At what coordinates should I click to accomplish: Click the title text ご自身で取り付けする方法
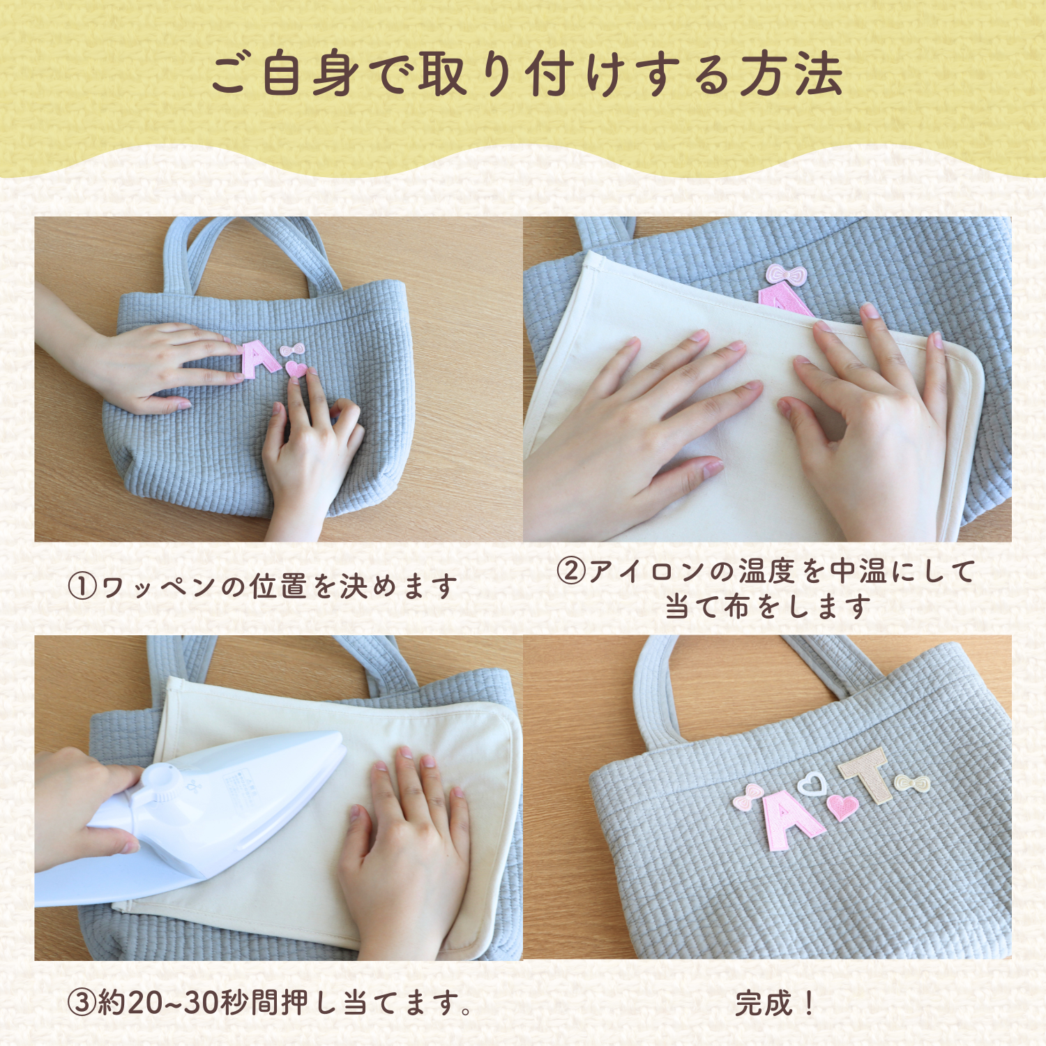526,75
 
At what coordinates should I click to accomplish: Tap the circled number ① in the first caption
82,586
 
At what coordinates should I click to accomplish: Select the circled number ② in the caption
570,571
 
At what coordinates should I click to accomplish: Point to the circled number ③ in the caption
82,1003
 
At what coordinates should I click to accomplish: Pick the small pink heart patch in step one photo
296,369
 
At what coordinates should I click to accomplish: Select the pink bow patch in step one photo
292,349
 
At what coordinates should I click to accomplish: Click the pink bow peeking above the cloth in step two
786,274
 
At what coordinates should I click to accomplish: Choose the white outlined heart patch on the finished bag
811,784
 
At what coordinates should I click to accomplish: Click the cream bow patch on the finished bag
912,784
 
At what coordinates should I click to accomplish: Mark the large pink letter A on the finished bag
789,820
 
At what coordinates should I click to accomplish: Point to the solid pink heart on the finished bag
842,806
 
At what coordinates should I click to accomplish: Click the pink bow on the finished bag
748,796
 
